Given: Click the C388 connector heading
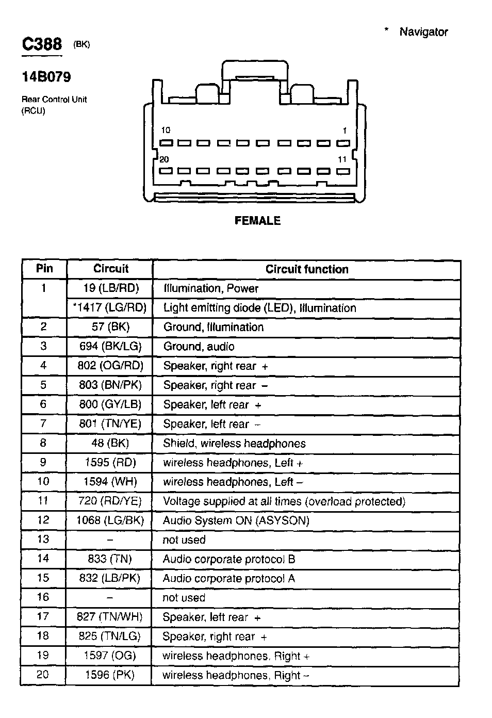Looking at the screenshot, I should (x=42, y=44).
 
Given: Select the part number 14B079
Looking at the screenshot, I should (x=46, y=77).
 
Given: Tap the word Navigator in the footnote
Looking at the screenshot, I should (x=423, y=32).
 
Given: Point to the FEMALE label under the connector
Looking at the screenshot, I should (x=257, y=221).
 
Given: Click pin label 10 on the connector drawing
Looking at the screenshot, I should (x=165, y=130).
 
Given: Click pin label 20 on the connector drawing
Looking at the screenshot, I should (x=164, y=160).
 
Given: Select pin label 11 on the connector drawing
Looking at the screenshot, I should (x=342, y=160).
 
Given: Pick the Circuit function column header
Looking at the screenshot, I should (x=307, y=269).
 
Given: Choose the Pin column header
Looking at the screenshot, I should (x=44, y=269).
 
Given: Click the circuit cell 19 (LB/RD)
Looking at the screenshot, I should (x=111, y=288).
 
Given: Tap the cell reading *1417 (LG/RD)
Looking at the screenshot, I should (x=110, y=308).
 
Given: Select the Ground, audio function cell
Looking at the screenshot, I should (x=199, y=347).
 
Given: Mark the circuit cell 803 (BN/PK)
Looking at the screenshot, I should (x=110, y=385).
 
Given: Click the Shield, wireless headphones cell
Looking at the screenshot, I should (x=234, y=444).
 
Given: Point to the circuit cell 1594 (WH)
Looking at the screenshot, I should (x=110, y=482).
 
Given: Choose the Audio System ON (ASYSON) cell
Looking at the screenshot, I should (x=236, y=520).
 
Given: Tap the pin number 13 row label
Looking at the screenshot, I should (x=43, y=540).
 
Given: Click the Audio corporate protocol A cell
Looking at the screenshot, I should (x=228, y=578).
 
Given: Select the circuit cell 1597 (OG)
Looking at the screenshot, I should (x=110, y=656).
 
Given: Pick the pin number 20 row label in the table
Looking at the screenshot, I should (x=43, y=675).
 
